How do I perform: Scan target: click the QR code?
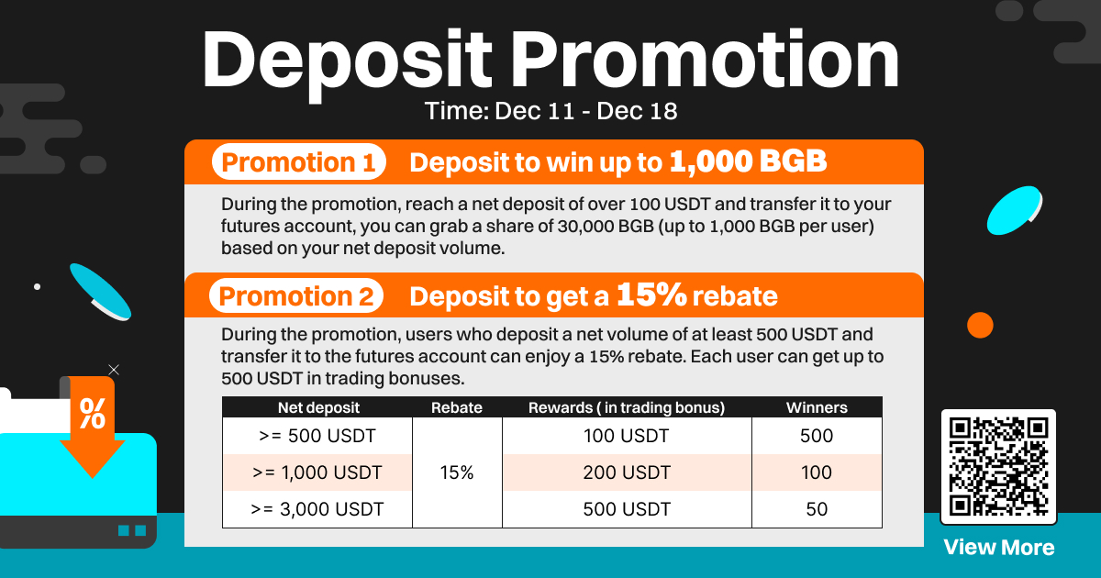coord(998,467)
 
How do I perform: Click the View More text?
coord(999,548)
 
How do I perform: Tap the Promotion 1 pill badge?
coord(299,161)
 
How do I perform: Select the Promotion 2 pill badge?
coord(296,295)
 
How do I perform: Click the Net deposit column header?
coord(318,407)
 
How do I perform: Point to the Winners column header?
coord(817,407)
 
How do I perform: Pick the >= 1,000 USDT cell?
coord(317,472)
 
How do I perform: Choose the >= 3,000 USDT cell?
coord(317,509)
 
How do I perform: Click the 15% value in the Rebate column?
coord(457,472)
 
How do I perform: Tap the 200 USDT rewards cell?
coord(627,472)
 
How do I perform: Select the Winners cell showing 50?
coord(817,509)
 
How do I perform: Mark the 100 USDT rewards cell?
coord(627,436)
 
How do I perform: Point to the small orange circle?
coord(980,326)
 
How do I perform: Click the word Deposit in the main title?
coord(347,62)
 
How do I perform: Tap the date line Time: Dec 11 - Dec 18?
coord(551,111)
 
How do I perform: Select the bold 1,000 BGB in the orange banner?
coord(748,161)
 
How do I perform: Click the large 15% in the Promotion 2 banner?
coord(651,295)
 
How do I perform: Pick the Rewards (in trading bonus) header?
coord(627,407)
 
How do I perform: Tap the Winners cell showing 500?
coord(817,436)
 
